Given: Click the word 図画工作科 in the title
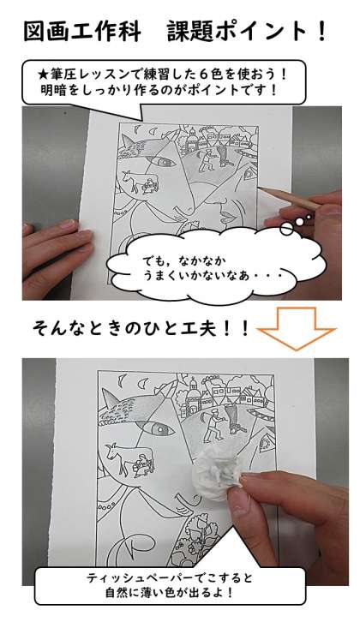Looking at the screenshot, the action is (x=82, y=32).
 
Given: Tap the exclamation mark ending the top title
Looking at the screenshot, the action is (x=321, y=32).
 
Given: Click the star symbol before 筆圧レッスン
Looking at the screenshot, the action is (x=42, y=75).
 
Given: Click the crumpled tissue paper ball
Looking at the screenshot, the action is (x=219, y=471).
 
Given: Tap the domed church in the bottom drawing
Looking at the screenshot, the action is (x=193, y=395).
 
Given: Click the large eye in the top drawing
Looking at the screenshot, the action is (x=161, y=161).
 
